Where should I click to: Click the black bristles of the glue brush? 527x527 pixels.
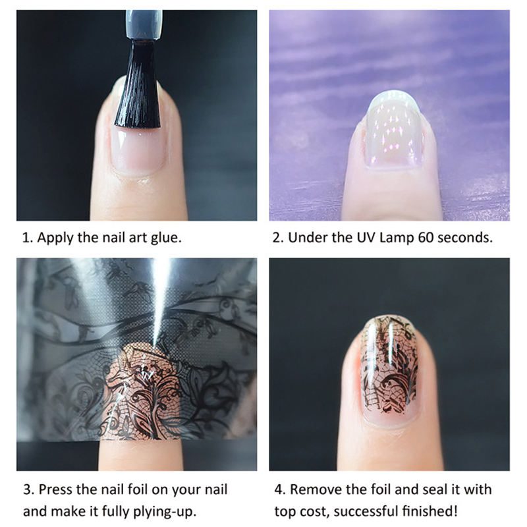coord(138,85)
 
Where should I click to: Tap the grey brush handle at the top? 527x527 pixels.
coord(144,25)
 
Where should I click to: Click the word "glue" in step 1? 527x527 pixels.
coord(165,238)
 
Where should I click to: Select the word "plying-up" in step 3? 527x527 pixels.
coord(164,512)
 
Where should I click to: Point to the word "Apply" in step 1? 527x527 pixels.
coord(55,238)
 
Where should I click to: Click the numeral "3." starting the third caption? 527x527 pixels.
coord(28,489)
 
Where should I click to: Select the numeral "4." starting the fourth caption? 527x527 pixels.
coord(281,489)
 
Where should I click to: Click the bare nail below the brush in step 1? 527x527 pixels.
coord(137,148)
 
